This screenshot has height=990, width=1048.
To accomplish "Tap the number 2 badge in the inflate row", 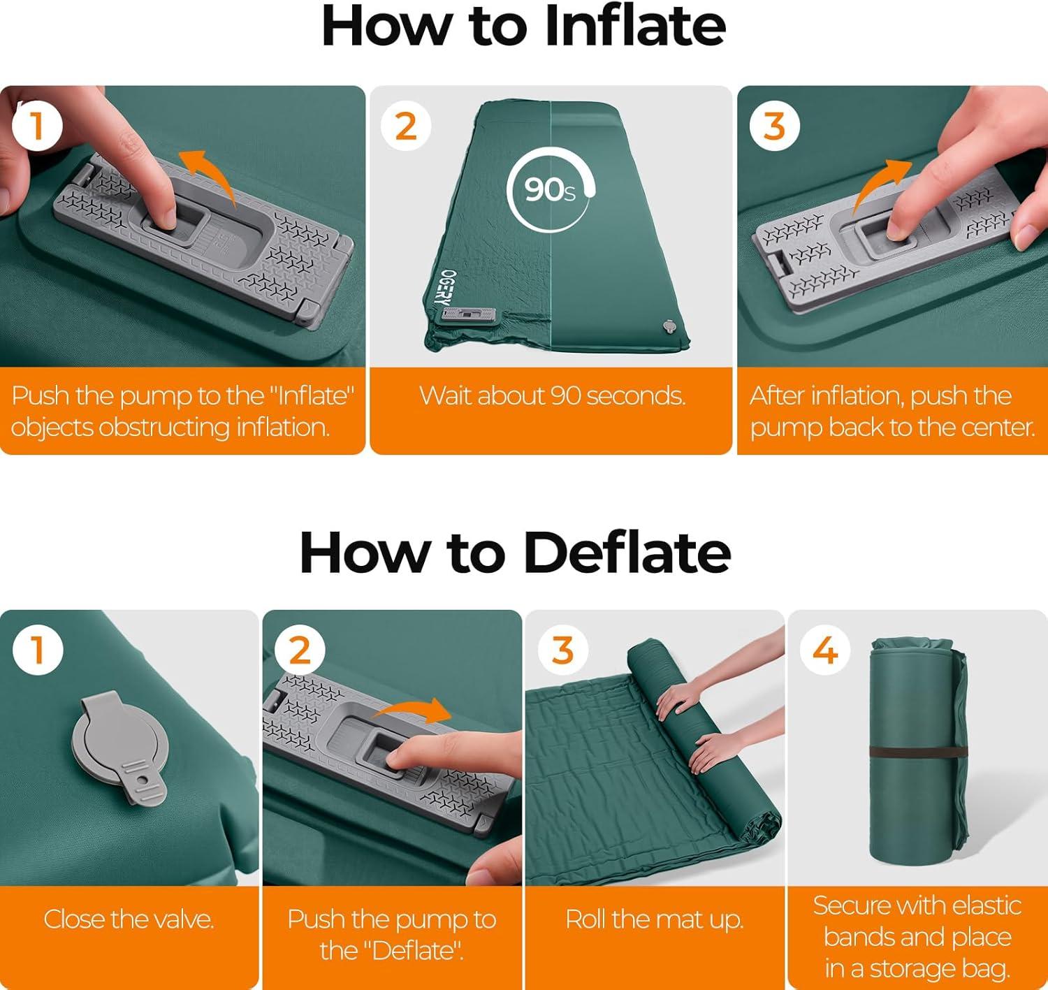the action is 405,126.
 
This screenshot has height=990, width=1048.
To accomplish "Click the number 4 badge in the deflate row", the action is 825,650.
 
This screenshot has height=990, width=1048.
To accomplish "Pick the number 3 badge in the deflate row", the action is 562,650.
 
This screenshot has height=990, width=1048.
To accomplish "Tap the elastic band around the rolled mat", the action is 917,752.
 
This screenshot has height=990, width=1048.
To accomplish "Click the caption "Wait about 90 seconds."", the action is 552,395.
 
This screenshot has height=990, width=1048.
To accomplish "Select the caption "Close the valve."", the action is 129,919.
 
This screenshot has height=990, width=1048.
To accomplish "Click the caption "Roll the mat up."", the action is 655,919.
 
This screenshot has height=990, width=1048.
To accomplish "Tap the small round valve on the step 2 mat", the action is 669,327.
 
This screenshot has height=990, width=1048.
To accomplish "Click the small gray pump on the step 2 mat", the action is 469,315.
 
